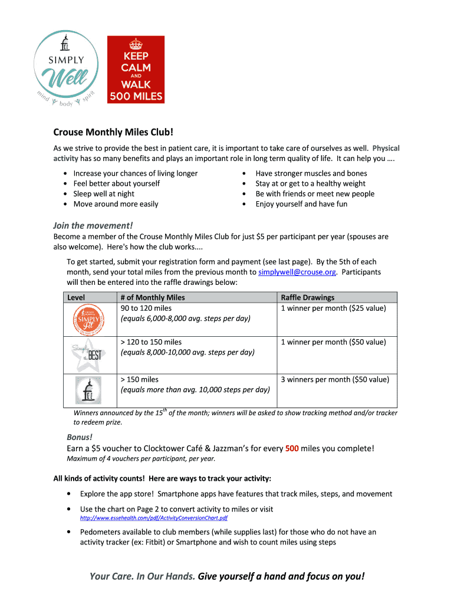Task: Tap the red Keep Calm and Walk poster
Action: click(136, 70)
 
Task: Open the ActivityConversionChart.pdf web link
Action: click(154, 518)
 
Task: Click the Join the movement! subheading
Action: click(93, 225)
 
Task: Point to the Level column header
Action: click(76, 298)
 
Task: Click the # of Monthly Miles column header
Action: click(152, 298)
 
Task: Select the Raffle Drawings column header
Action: click(307, 298)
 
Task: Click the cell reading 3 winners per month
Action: click(334, 380)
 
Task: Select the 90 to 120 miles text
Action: click(146, 308)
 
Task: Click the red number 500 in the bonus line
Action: click(292, 448)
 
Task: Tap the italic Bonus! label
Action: click(80, 437)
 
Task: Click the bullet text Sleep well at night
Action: click(104, 193)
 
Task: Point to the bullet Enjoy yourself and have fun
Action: click(301, 204)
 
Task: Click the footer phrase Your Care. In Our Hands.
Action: click(142, 576)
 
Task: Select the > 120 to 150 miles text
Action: click(151, 342)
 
